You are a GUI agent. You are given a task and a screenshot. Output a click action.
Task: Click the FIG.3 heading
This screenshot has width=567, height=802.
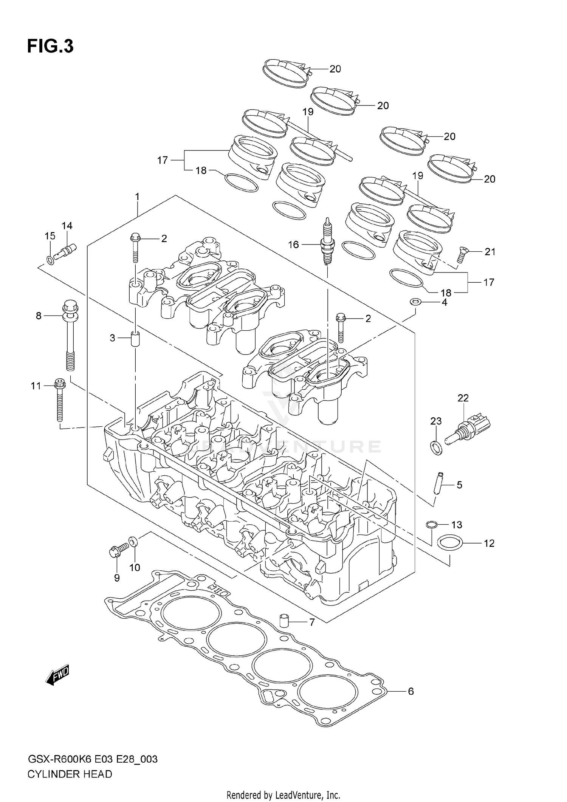[50, 46]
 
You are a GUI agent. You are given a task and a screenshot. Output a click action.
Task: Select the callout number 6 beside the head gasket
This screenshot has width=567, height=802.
[411, 691]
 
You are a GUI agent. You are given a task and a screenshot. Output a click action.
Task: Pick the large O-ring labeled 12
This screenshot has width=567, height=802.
[449, 543]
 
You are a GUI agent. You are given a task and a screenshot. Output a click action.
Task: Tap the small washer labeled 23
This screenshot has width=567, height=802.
[436, 447]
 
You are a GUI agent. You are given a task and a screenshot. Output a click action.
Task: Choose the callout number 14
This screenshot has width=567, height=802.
[67, 226]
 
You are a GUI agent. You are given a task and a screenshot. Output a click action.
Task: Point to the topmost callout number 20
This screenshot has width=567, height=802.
[335, 69]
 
